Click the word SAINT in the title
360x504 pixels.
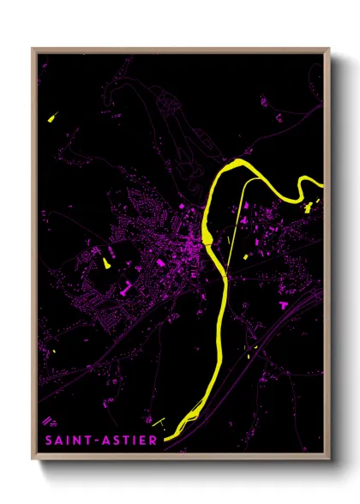pyautogui.click(x=67, y=441)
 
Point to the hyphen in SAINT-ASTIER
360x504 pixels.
pyautogui.click(x=95, y=441)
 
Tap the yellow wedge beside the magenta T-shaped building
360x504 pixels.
pyautogui.click(x=107, y=263)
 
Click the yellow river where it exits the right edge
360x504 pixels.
pyautogui.click(x=322, y=183)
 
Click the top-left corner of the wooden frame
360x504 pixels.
pyautogui.click(x=33, y=49)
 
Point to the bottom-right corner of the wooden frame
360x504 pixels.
pyautogui.click(x=329, y=459)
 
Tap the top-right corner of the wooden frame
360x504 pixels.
pyautogui.click(x=329, y=49)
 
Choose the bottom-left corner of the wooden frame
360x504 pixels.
pyautogui.click(x=33, y=459)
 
